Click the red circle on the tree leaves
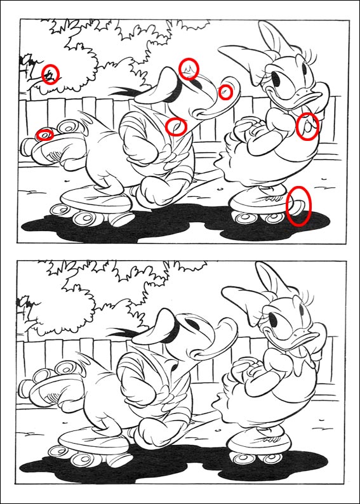[51, 74]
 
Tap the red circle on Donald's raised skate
[44, 134]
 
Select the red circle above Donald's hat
[189, 68]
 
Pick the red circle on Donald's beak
[225, 93]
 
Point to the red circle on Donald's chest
[176, 126]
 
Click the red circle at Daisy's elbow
[307, 126]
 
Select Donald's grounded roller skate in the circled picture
[95, 203]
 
